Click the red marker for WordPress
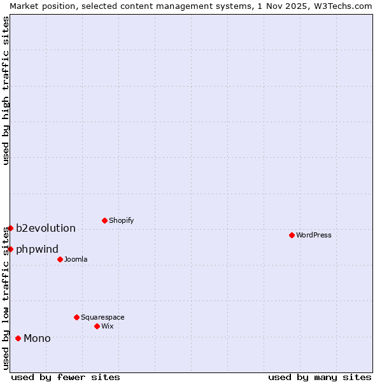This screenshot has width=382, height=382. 292,235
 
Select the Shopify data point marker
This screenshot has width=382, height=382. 104,221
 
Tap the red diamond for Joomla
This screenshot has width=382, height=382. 60,259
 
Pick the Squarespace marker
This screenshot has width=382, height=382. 76,317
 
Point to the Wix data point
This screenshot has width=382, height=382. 97,326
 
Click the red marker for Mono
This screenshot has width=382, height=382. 18,338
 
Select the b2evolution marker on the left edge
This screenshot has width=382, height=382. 10,228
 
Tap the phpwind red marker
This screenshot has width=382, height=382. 10,249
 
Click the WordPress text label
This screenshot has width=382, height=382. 314,235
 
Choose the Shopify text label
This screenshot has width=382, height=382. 121,221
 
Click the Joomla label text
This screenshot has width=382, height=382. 76,259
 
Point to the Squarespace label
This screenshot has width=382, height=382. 103,317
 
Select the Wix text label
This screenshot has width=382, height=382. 107,326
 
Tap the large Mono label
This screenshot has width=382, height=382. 37,338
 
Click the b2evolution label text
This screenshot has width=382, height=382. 46,228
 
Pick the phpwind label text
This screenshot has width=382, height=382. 37,249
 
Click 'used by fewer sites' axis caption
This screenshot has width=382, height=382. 66,377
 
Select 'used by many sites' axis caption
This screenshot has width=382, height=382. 320,377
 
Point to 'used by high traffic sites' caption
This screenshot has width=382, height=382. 6,90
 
